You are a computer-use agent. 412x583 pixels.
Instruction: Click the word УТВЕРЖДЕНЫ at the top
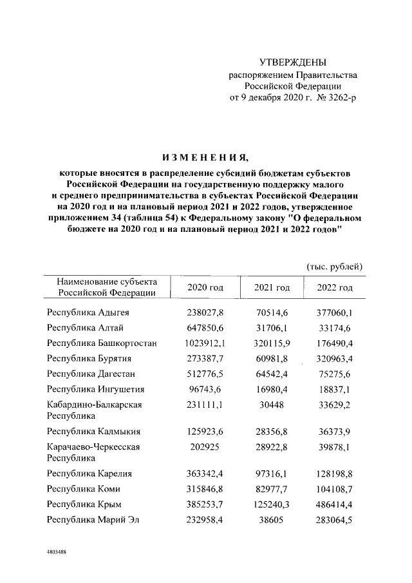[293, 62]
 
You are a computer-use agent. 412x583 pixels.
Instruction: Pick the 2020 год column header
[205, 287]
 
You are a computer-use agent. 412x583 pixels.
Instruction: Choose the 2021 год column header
[272, 287]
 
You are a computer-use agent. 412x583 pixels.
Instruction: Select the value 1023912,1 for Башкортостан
[205, 342]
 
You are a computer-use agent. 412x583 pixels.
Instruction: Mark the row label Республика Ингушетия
[95, 389]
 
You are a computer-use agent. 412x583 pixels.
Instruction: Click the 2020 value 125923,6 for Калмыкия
[205, 431]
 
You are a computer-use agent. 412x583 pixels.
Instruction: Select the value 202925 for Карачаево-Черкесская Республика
[205, 446]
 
